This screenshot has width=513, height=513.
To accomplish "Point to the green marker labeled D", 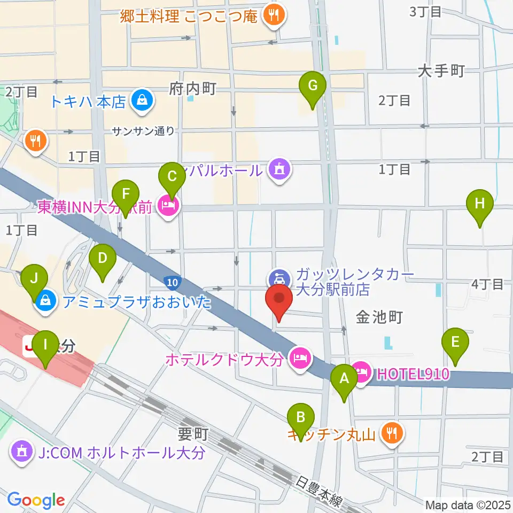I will point(103,260).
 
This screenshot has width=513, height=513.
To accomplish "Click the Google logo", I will point(36,500).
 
